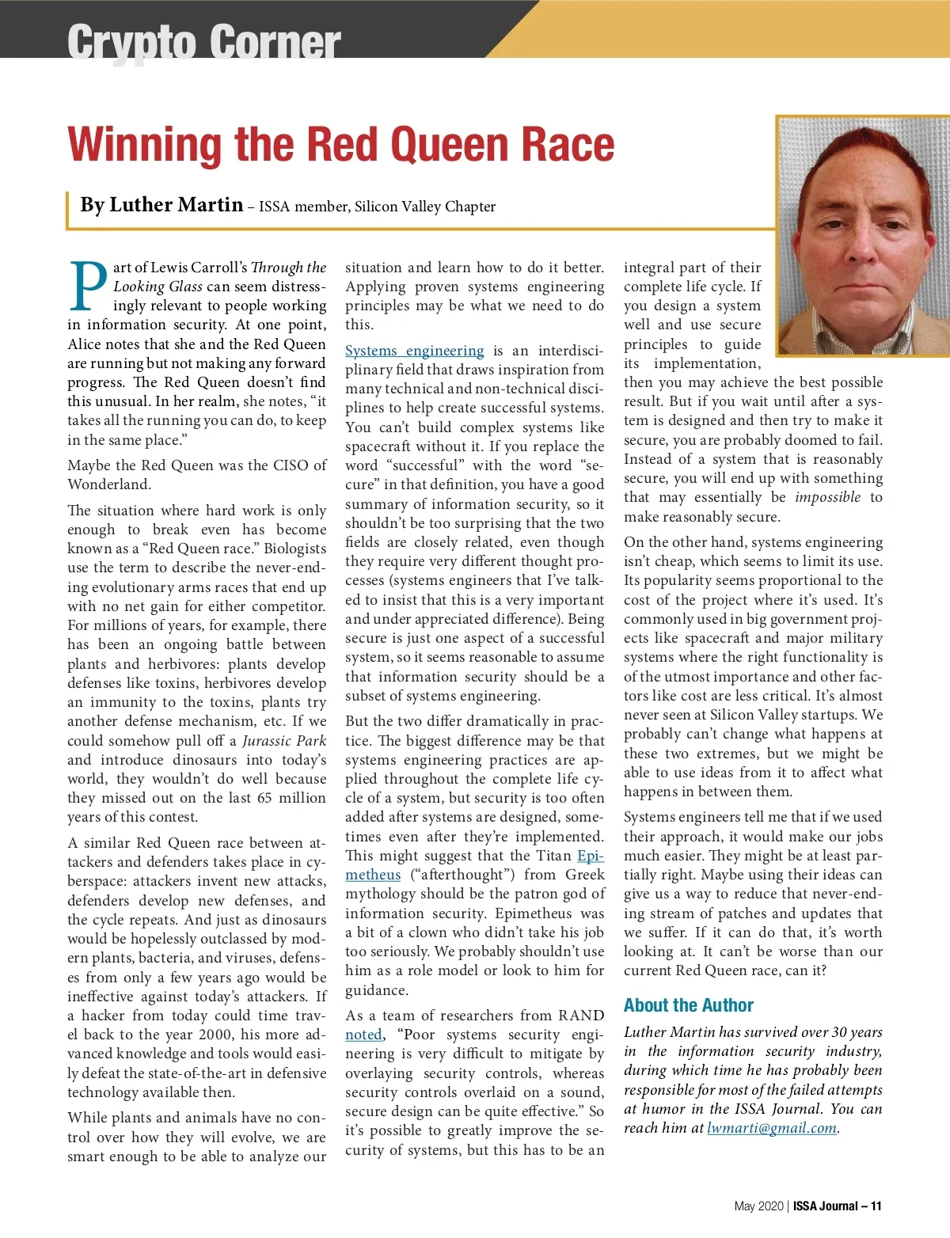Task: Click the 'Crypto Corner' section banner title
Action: point(203,41)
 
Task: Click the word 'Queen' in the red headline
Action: point(444,145)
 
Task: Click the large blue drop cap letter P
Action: point(88,287)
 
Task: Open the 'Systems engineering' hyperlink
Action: point(414,351)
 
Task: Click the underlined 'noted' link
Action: point(363,1035)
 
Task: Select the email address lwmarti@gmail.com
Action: point(772,1128)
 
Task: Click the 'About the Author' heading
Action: point(688,1005)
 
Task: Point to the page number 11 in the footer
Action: point(876,1206)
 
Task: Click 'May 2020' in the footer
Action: point(758,1206)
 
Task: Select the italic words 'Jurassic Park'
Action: point(284,741)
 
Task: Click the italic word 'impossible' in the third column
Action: point(827,497)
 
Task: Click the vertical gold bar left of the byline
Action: point(69,208)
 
